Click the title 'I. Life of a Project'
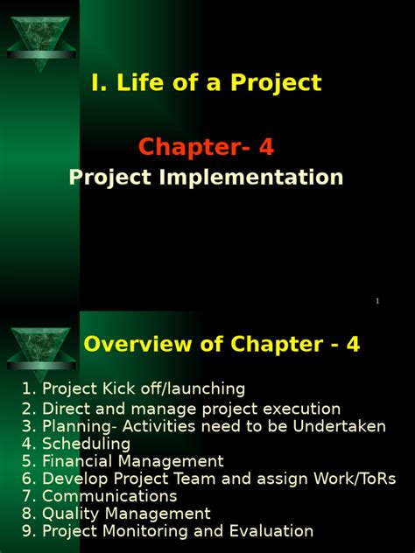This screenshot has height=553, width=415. tap(206, 83)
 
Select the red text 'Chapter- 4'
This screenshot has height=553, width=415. tap(207, 146)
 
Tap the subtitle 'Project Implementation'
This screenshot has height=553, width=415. tap(206, 178)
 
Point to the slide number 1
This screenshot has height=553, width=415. tap(377, 301)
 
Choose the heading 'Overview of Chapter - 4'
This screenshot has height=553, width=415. tap(222, 345)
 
